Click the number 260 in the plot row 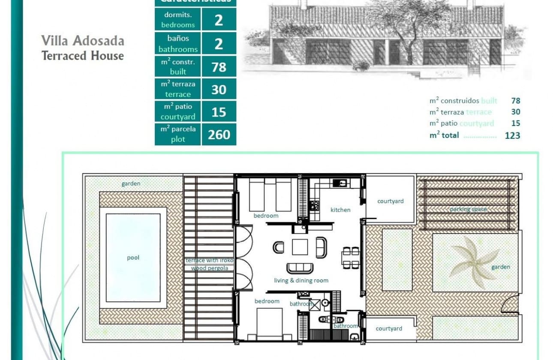219,135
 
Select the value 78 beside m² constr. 219,67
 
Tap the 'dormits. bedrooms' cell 178,20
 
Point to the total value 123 512,135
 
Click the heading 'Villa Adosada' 83,41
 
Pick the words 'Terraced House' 83,56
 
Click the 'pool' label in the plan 133,258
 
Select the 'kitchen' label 340,210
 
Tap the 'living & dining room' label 301,281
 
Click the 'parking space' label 468,210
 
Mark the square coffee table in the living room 300,247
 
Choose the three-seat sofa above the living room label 300,268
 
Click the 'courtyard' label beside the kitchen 390,201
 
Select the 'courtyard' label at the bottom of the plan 389,329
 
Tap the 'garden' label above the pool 131,184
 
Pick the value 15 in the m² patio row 219,112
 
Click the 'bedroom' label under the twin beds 266,216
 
